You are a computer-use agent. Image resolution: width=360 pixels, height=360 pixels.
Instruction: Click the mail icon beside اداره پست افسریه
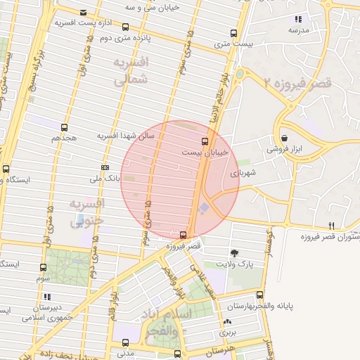coord(84,13)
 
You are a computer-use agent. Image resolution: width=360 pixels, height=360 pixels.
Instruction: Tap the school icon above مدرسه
coord(299,20)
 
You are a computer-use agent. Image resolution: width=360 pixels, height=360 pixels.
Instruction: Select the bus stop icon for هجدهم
coord(65,127)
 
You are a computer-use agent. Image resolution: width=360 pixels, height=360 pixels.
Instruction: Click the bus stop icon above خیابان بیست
coord(205,140)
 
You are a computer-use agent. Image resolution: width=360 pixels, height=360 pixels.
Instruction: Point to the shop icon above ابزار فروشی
coord(283,138)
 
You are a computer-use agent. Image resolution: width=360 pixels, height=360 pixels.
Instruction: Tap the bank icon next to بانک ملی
coord(105,167)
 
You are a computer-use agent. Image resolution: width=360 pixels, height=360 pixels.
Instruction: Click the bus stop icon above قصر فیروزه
coord(183,235)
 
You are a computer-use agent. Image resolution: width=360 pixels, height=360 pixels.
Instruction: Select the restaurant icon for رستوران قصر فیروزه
coord(331,225)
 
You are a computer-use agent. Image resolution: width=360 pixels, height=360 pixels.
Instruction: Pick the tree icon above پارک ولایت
coord(234,252)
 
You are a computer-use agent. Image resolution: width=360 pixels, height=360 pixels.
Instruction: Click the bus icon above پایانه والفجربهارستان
coord(261,295)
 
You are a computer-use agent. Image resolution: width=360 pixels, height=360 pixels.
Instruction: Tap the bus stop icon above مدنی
coord(127,333)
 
